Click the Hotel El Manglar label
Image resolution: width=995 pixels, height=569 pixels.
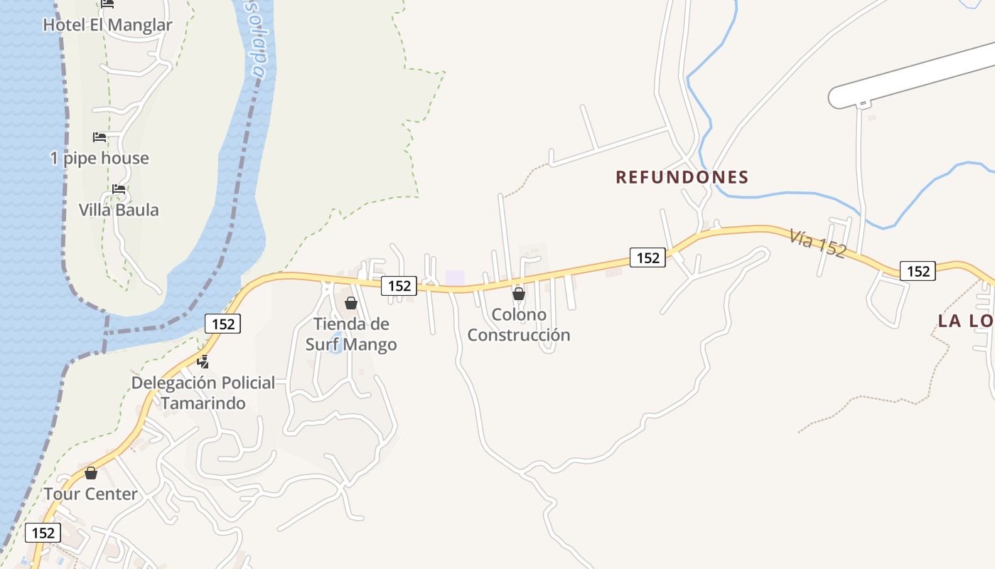tap(107, 25)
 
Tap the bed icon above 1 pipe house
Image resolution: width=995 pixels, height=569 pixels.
tap(99, 137)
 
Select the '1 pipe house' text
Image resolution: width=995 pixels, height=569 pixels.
tap(99, 158)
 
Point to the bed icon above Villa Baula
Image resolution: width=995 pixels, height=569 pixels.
tap(119, 189)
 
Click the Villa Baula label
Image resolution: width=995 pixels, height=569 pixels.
tap(119, 210)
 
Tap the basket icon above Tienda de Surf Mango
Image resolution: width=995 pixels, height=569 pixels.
tap(350, 303)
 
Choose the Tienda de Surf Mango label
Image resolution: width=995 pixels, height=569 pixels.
tap(351, 334)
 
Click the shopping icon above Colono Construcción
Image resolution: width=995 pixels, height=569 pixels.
tap(519, 293)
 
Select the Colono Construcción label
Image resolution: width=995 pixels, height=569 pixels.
tap(519, 324)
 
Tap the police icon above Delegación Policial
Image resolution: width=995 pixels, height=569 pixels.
tap(203, 361)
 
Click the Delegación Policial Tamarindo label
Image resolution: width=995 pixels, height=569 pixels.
tap(203, 393)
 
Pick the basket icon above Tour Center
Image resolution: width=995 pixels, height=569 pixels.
tap(91, 473)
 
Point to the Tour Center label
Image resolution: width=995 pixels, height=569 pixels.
tap(91, 494)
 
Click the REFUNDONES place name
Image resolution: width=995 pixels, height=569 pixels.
tap(682, 177)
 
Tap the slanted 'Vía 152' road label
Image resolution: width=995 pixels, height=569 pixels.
tap(817, 243)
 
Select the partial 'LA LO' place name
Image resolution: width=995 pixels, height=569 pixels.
tap(965, 321)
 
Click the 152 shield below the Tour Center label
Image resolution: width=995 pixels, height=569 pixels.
tap(43, 533)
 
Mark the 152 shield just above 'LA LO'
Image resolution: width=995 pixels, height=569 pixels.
tap(918, 271)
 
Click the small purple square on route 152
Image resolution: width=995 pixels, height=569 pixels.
tap(455, 277)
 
